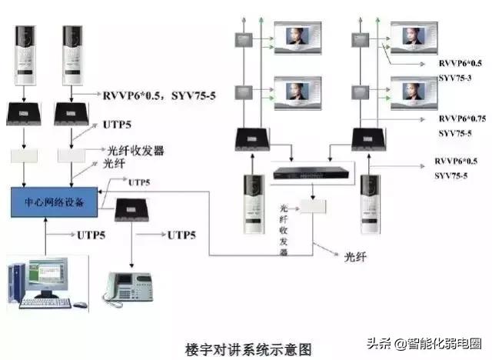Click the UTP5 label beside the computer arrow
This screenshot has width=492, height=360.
pos(91,233)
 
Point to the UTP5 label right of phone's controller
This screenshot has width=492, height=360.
pos(182,234)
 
